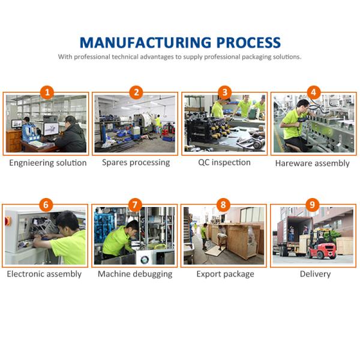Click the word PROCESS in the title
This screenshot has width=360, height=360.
point(248,43)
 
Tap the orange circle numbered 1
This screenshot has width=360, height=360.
point(47,92)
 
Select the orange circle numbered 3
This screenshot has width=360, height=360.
point(225,92)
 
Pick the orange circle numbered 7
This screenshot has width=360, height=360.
point(135,205)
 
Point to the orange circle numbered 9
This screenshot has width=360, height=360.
point(312,205)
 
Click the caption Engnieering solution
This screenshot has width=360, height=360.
point(48,163)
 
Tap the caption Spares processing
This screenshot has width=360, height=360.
point(136,163)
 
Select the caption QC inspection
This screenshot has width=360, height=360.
point(224,163)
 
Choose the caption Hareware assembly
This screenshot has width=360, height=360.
point(312,163)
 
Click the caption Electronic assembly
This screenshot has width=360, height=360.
point(44,274)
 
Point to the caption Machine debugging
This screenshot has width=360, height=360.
point(135,274)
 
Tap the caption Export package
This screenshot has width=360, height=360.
point(225,274)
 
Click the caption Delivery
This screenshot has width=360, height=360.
point(315,274)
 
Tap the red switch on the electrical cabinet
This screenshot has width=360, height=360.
point(8,221)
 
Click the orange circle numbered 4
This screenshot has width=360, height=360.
point(314,92)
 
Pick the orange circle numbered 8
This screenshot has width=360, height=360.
point(223,205)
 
